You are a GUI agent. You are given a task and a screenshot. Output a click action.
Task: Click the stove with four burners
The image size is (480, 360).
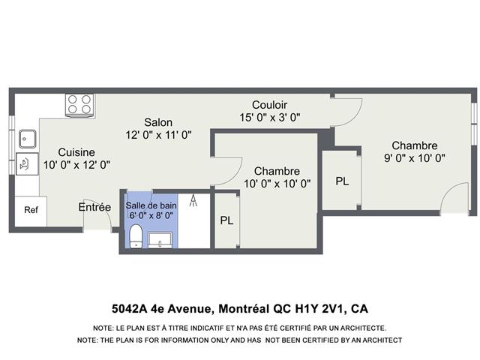click(x=80, y=106)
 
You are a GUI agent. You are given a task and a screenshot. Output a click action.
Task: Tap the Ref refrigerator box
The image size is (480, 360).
click(x=31, y=211)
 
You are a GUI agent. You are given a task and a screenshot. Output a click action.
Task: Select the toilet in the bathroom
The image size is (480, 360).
click(x=135, y=236)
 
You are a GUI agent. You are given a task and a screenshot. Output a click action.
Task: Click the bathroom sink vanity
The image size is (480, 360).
click(x=160, y=240)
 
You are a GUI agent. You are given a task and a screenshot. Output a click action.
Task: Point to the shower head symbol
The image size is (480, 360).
click(x=193, y=200)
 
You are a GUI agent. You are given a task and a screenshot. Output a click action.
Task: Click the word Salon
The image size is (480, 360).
click(x=158, y=122)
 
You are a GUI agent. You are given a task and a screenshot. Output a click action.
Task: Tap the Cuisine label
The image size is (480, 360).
click(x=76, y=152)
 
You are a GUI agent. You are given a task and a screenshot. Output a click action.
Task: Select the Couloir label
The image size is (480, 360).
click(x=270, y=105)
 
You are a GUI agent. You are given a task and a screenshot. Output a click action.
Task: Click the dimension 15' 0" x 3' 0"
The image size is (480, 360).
click(x=270, y=117)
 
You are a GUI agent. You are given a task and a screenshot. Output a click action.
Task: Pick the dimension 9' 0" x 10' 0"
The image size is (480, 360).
click(x=415, y=158)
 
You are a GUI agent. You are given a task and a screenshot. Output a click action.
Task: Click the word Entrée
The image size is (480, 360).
click(x=94, y=207)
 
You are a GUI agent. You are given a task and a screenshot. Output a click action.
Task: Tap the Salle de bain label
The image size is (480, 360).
click(x=151, y=205)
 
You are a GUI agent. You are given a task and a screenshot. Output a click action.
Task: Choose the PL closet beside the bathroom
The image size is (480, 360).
click(x=226, y=220)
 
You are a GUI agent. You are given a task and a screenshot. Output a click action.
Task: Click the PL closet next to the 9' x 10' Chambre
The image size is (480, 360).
click(x=342, y=181)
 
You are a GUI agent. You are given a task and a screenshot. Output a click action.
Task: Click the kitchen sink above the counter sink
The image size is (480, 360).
click(x=28, y=139)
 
